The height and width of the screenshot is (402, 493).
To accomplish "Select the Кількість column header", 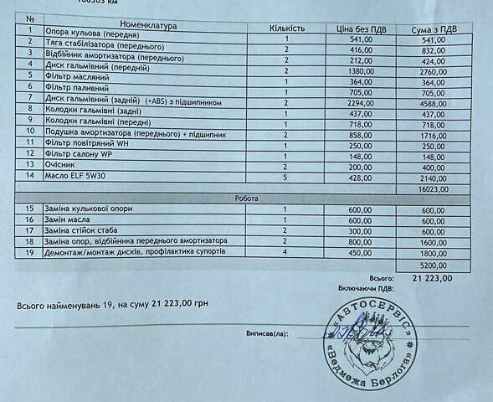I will [x=286, y=28].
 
